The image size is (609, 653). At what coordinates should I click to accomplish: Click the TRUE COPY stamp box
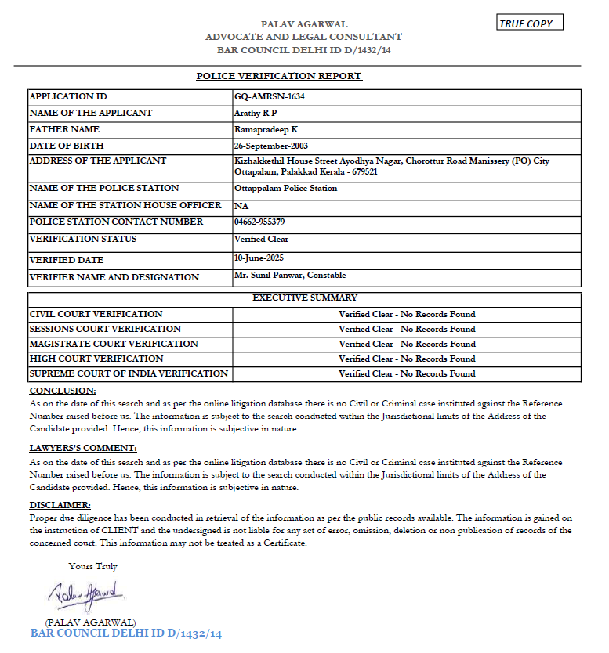(530, 23)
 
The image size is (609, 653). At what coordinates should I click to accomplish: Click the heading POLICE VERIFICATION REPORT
(279, 76)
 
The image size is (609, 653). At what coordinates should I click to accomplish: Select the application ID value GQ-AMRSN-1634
(269, 96)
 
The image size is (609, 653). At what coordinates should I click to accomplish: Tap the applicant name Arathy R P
(256, 113)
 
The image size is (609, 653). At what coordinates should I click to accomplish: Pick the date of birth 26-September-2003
(274, 146)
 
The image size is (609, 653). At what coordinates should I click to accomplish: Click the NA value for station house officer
(241, 206)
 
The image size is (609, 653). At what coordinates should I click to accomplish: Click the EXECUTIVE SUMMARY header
(305, 298)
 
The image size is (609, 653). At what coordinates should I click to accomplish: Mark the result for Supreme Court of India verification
(407, 373)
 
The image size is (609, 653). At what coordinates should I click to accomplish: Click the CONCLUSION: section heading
(63, 390)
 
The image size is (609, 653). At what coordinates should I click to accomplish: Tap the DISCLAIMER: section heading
(60, 505)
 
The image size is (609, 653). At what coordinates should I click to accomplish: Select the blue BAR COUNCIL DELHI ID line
(126, 633)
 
